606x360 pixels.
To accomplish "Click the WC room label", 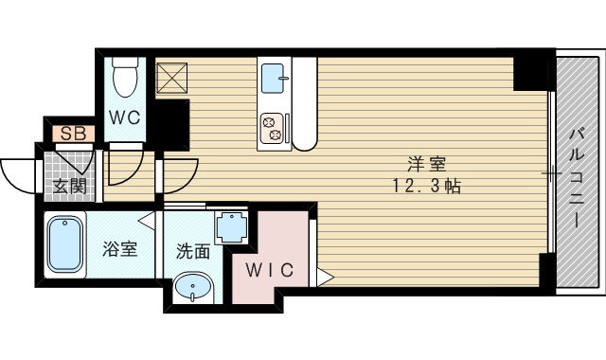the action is coord(124,117).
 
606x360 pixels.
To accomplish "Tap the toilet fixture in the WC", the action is coord(125,77).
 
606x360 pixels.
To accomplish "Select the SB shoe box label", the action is coord(74,134).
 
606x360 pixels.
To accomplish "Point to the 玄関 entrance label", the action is coord(69,187).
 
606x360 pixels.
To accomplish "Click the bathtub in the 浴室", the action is coord(65,244).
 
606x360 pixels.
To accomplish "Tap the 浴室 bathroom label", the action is coord(120,249).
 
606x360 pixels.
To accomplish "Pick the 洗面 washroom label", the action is coord(193,251).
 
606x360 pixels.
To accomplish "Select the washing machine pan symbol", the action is coord(231,227).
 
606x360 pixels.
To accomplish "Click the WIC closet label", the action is coord(270,270).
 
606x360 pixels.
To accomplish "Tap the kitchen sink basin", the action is coord(273,79).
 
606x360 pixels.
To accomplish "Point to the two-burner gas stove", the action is coord(272,129).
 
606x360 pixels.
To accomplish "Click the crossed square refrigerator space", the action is coord(172,78).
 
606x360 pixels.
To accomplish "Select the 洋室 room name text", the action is coord(427,165).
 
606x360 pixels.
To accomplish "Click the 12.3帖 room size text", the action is coord(427,186).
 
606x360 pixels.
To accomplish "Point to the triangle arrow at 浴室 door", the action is coord(147,221).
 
